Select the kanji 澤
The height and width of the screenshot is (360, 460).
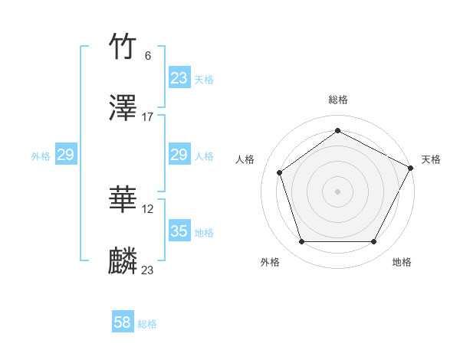[x=123, y=109]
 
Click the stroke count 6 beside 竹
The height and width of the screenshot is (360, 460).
[x=148, y=55]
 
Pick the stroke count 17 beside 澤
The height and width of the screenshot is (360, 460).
[x=148, y=116]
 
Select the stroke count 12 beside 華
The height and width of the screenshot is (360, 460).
[x=149, y=208]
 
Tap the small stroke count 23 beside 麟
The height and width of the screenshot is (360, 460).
[x=148, y=270]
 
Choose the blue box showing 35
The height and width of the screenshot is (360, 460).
[x=179, y=231]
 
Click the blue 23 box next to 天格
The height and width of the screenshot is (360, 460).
[x=179, y=78]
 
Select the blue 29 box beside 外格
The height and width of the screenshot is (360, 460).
[x=65, y=155]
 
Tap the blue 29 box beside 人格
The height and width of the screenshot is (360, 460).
[x=179, y=155]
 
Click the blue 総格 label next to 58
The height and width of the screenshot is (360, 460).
[x=147, y=324]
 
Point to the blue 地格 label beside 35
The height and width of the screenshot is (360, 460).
[x=204, y=232]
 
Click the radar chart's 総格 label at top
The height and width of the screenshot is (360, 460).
[x=337, y=100]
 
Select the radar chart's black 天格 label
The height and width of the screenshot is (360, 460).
[x=431, y=159]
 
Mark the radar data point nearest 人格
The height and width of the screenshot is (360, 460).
[x=280, y=172]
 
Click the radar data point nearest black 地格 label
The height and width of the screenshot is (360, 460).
[x=373, y=242]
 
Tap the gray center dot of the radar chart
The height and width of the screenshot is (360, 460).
[x=337, y=191]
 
